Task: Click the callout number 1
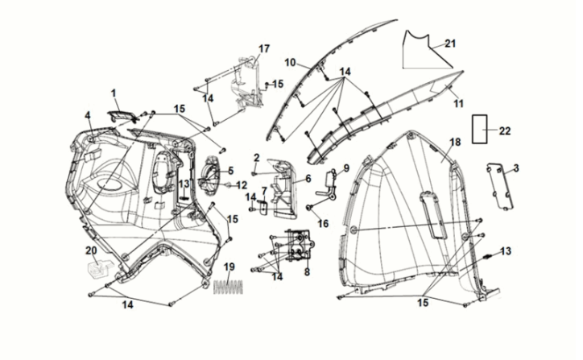(114, 93)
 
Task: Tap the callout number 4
(89, 115)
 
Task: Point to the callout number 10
(290, 62)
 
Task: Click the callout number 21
(450, 43)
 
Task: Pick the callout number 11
(457, 104)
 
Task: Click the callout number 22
(504, 130)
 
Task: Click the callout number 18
(455, 142)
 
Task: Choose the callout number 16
(323, 223)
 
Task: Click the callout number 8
(306, 272)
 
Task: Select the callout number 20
(91, 250)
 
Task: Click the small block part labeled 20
(96, 269)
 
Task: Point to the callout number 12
(242, 185)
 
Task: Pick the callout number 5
(230, 170)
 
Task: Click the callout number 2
(256, 157)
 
